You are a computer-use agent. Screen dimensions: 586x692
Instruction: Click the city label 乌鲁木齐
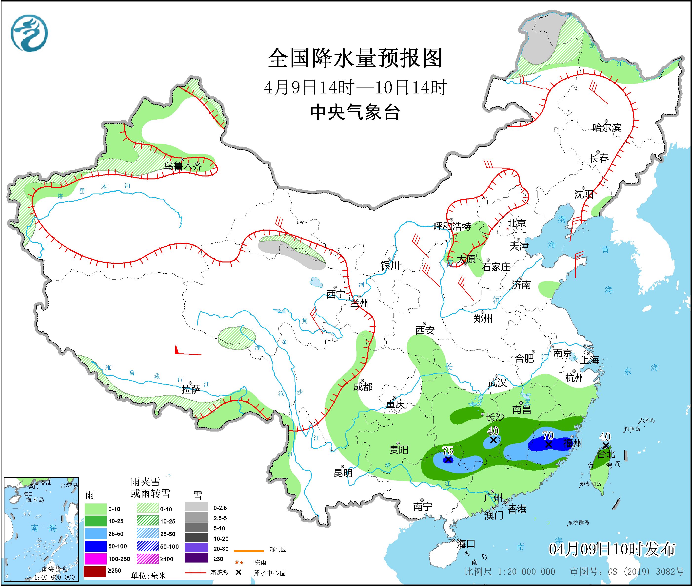click(x=183, y=166)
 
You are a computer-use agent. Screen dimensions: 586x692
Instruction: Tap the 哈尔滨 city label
click(x=606, y=128)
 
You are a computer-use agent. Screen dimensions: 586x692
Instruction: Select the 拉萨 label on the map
click(x=191, y=390)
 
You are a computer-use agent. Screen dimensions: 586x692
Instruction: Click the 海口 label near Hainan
click(x=466, y=544)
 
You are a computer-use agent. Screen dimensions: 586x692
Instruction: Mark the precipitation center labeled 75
click(x=448, y=460)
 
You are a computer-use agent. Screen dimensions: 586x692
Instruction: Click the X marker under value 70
click(x=548, y=444)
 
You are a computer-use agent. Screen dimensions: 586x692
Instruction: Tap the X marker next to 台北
click(x=605, y=445)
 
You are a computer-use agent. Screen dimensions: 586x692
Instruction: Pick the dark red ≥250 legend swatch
click(x=95, y=571)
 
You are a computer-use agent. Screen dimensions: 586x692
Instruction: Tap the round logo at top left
click(x=29, y=33)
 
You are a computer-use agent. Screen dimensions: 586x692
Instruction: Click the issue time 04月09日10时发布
click(x=612, y=549)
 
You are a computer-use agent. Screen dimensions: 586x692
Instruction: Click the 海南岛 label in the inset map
click(x=35, y=500)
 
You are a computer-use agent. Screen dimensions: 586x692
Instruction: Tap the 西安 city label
click(x=425, y=330)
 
